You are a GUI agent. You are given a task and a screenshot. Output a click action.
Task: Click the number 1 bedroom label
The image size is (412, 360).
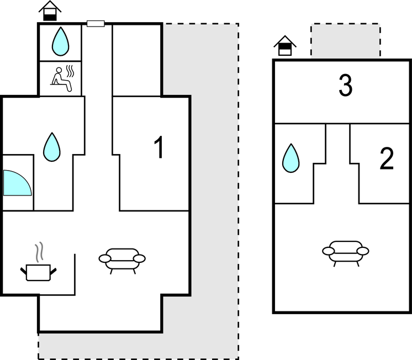(x=159, y=147)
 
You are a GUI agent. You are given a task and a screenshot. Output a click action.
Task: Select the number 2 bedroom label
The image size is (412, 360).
(x=387, y=159)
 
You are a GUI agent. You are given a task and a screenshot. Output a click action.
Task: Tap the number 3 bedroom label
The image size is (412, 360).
(x=345, y=86)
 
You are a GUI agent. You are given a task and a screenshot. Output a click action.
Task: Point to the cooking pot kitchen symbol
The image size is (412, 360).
(x=38, y=272)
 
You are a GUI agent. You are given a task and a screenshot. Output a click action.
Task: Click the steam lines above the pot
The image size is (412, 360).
(x=39, y=253)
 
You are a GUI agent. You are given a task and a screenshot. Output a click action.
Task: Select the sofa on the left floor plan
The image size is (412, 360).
(x=122, y=258)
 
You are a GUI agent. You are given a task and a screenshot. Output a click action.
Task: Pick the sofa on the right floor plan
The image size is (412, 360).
(x=346, y=252)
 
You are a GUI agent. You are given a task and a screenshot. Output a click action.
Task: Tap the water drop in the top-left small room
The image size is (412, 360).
(x=60, y=41)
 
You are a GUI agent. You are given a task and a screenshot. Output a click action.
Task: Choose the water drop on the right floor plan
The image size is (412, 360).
(x=291, y=158)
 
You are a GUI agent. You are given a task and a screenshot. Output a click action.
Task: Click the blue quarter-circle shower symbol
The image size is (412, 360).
(x=15, y=183)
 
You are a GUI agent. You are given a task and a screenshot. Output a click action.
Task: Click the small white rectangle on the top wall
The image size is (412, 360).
(x=96, y=24)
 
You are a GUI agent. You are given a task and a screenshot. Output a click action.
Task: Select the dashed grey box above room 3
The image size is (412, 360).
(x=345, y=40)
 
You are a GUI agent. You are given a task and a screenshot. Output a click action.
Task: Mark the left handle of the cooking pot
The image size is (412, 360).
(x=24, y=270)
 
